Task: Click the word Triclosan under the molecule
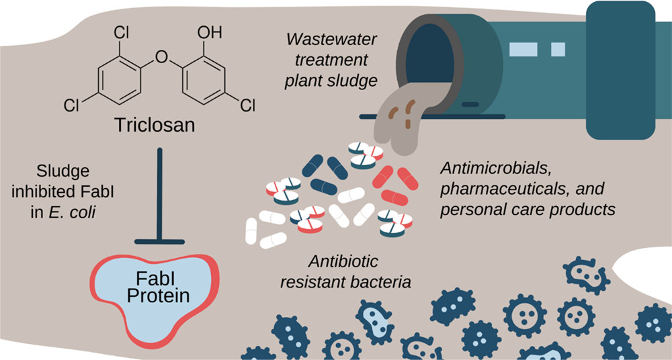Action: click(155, 125)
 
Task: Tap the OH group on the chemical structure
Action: click(210, 32)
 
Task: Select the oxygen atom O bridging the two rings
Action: click(161, 56)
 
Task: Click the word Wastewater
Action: click(332, 40)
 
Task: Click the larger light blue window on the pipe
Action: click(523, 49)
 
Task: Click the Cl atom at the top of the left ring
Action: click(121, 32)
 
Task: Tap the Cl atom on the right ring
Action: click(248, 105)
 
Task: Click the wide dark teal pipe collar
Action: click(620, 70)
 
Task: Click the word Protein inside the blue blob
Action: click(158, 296)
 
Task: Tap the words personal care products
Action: click(528, 210)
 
